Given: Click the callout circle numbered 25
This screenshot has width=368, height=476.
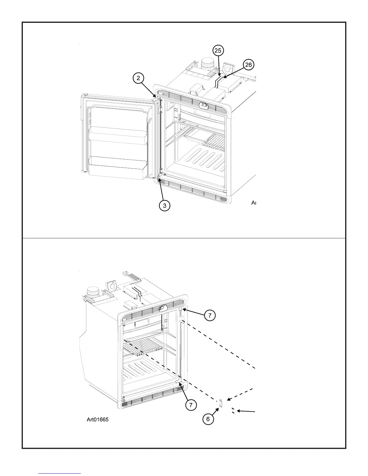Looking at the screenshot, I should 219,50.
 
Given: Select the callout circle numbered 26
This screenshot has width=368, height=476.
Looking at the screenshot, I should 249,65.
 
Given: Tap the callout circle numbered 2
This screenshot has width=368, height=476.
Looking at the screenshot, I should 138,78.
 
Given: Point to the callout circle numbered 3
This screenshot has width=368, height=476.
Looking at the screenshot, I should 164,206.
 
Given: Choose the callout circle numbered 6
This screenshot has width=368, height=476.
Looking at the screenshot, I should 208,419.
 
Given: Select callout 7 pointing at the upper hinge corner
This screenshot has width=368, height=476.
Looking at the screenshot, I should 210,316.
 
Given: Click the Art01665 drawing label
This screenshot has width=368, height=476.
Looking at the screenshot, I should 98,420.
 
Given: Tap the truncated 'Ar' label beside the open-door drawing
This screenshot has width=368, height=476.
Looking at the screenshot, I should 253,203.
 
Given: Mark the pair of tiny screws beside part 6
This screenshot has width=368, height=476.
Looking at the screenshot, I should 233,411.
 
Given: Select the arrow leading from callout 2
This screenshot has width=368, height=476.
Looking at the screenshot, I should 148,89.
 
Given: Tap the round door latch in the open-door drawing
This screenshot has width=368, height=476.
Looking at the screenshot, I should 203,105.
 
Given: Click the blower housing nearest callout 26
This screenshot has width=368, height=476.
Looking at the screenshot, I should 230,69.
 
